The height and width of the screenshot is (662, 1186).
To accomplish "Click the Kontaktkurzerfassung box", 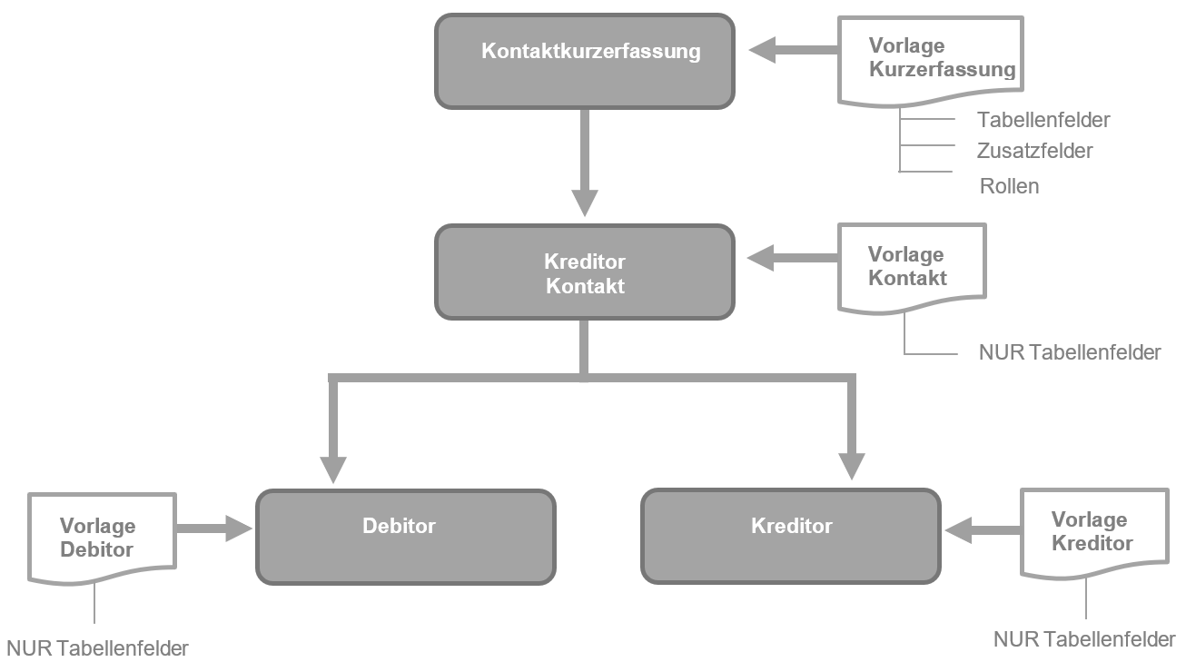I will (x=585, y=61).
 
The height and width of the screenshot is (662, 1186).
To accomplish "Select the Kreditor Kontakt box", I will (x=585, y=272).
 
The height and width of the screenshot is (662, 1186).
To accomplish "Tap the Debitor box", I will (x=405, y=537).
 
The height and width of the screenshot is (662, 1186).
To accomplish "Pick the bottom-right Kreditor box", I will (x=791, y=537).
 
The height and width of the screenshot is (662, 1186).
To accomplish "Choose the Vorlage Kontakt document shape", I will (x=911, y=268).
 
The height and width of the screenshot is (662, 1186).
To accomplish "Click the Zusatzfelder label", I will (x=1034, y=151).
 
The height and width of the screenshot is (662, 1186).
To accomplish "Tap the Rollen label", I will (x=1009, y=186).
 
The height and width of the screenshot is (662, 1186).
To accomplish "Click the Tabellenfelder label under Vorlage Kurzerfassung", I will (x=1043, y=120).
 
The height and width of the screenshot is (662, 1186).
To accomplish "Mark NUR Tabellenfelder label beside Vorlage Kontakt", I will (x=1069, y=352).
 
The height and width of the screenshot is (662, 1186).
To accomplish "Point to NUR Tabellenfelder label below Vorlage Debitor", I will (x=97, y=648).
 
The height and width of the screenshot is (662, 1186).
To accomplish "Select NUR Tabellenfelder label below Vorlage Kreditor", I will (x=1084, y=639).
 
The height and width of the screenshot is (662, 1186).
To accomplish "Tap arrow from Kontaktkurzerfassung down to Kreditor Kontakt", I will (x=584, y=163).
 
